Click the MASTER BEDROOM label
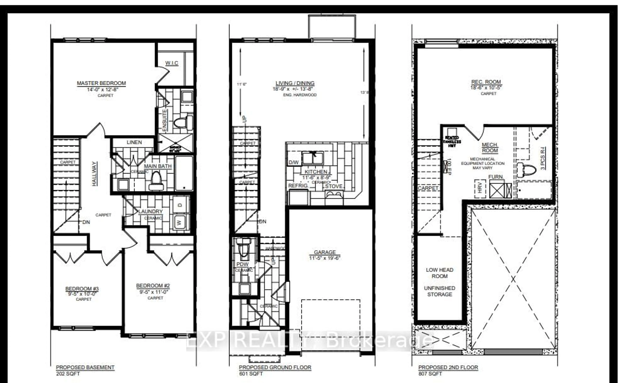click(x=101, y=83)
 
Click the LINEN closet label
click(x=134, y=142)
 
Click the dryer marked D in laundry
click(x=180, y=205)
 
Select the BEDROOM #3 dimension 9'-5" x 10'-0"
click(x=82, y=294)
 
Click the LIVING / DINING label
click(x=295, y=83)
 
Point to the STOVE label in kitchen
click(x=334, y=186)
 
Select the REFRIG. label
click(x=298, y=186)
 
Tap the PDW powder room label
click(x=242, y=264)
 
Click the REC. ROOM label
click(x=486, y=82)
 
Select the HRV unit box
click(x=480, y=189)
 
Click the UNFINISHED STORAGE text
click(x=439, y=291)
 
